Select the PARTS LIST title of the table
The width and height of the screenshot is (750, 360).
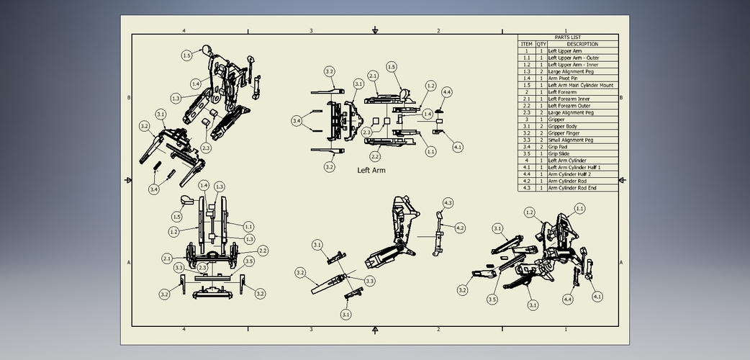567,37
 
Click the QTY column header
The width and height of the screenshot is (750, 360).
541,44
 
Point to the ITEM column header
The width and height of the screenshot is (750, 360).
526,44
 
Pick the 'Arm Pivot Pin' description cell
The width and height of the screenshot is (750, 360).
564,78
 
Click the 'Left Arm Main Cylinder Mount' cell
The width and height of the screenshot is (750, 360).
581,86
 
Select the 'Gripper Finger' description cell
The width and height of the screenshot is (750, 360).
566,133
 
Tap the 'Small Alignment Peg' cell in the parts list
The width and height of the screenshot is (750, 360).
570,140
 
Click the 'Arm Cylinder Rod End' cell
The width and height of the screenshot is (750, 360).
572,188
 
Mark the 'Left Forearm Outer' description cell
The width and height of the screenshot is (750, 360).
569,106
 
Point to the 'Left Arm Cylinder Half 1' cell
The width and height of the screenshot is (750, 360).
574,168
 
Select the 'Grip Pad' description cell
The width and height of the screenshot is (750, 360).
560,147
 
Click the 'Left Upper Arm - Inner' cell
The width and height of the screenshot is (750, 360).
573,65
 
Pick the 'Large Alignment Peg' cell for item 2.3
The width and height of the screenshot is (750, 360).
570,113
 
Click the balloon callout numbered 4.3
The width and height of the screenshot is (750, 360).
448,203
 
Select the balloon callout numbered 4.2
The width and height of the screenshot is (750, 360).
460,228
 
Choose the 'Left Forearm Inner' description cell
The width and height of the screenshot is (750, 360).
569,99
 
